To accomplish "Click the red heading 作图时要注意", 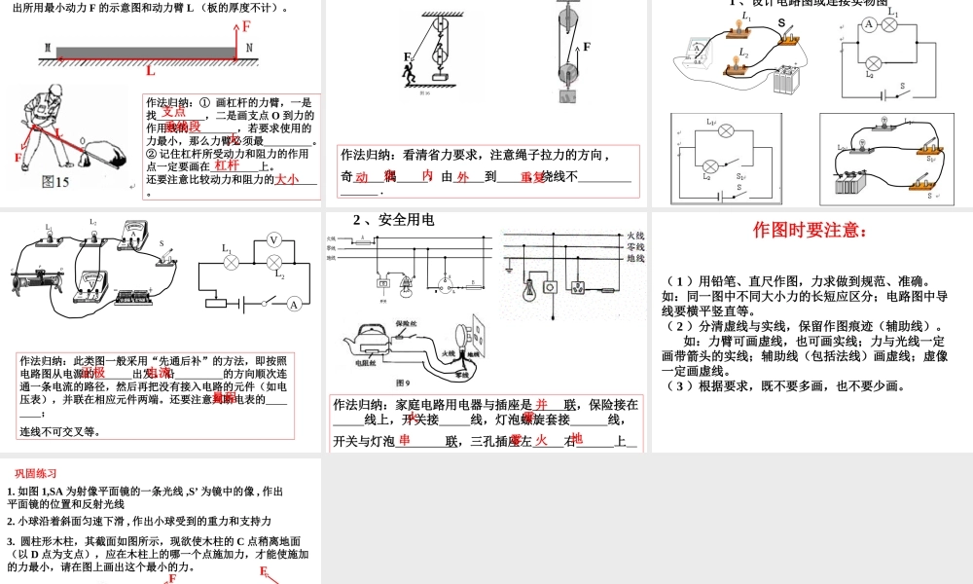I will coord(810,231).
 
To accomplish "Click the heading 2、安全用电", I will coord(392,220).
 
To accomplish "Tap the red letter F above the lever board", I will coord(247,27).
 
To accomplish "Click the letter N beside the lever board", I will coord(249,48).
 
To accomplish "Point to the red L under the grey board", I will coord(151,70).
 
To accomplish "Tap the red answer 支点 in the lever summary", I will coord(173,112).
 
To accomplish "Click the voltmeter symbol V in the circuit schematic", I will coord(273,239).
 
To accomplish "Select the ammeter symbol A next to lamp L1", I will coord(870,24).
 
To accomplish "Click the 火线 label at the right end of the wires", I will coord(634,236).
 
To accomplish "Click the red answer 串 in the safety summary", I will coord(405,440).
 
